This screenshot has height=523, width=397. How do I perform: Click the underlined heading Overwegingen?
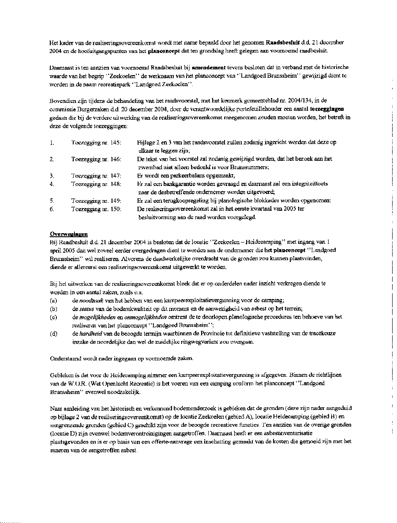click(69, 234)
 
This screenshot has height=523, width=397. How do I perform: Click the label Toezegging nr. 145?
click(96, 143)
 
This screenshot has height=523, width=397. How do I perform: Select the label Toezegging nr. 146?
click(96, 159)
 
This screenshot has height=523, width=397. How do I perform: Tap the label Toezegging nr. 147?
click(96, 175)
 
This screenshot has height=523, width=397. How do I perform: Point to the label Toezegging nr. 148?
click(96, 184)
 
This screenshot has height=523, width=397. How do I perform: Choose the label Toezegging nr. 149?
click(96, 201)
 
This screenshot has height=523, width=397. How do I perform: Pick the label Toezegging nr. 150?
click(96, 209)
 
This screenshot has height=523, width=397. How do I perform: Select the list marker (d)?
click(53, 334)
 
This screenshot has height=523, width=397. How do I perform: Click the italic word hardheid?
click(92, 334)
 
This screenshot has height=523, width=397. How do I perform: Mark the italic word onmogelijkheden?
click(146, 317)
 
